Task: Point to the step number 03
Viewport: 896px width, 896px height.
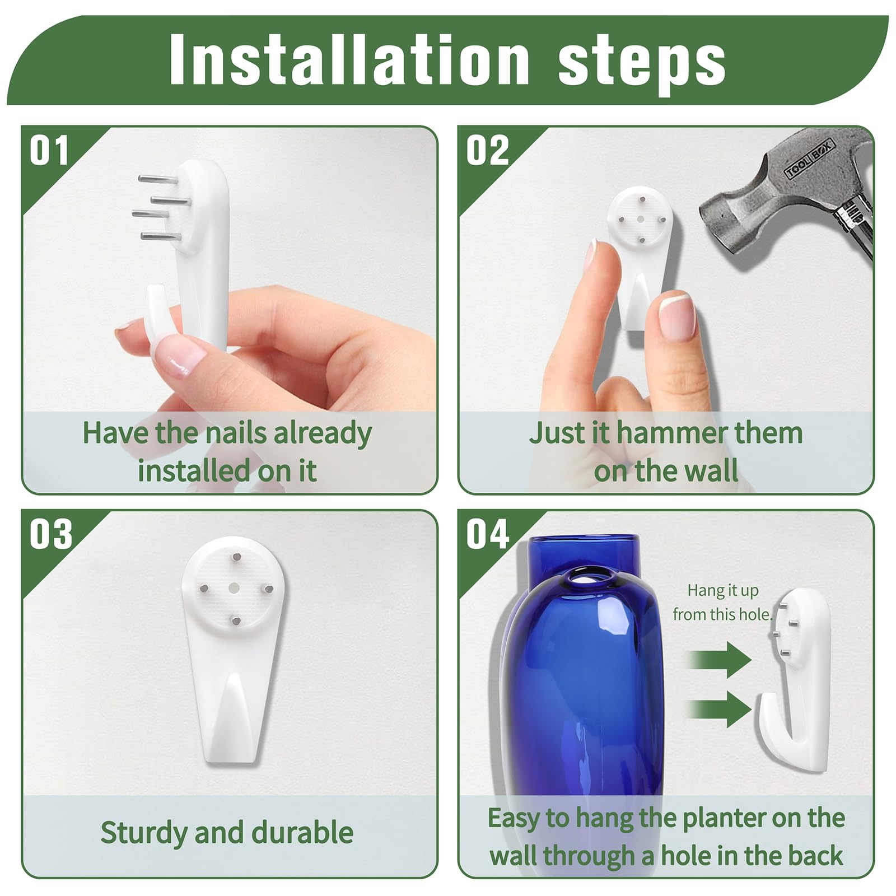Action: [51, 534]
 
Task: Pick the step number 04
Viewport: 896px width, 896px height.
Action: [488, 534]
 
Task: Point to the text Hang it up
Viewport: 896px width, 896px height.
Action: [723, 590]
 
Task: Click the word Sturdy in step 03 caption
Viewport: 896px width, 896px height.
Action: [144, 833]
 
